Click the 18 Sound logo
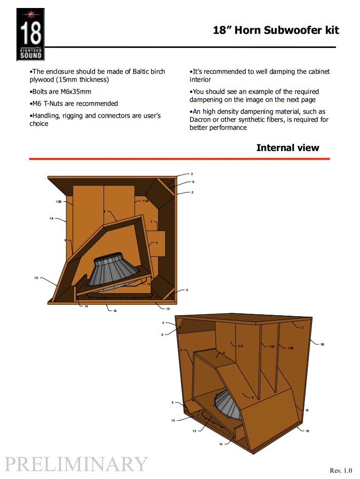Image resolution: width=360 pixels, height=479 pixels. pyautogui.click(x=31, y=34)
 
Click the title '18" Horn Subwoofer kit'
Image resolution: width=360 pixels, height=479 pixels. pyautogui.click(x=276, y=31)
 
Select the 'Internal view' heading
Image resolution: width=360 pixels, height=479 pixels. pyautogui.click(x=287, y=148)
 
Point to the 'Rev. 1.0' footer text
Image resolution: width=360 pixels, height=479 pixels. pyautogui.click(x=340, y=470)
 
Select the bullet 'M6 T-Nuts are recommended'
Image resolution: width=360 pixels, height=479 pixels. pyautogui.click(x=74, y=104)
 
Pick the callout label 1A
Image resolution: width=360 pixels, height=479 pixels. pyautogui.click(x=51, y=218)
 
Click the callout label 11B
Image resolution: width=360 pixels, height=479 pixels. pyautogui.click(x=145, y=201)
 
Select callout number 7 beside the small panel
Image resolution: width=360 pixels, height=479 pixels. pyautogui.click(x=151, y=222)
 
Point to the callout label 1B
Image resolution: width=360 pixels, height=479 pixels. pyautogui.click(x=322, y=344)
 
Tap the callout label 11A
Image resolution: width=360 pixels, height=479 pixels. pyautogui.click(x=240, y=346)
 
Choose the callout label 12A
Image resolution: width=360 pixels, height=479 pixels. pyautogui.click(x=272, y=347)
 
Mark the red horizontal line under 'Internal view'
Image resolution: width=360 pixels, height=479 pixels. pyautogui.click(x=179, y=159)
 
